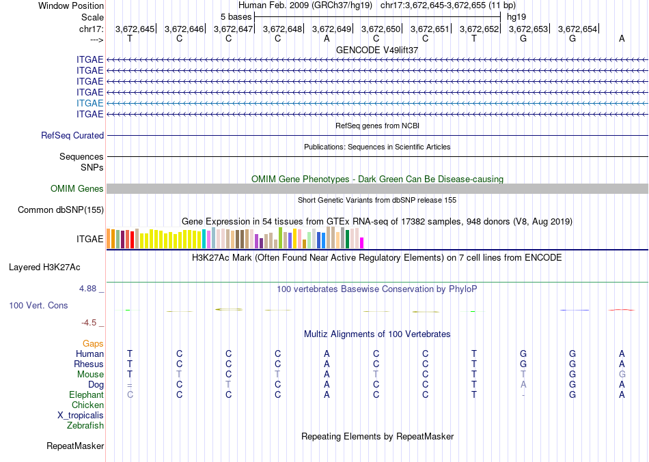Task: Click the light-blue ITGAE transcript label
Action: (89, 103)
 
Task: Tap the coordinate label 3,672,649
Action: (331, 29)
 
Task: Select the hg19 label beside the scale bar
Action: (516, 17)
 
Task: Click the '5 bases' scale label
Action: (236, 17)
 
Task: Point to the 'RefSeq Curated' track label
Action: (72, 135)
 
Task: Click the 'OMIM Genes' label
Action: (77, 188)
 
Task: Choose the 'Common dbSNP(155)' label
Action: (61, 210)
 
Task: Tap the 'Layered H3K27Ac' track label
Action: (44, 268)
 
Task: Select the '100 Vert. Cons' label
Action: (38, 305)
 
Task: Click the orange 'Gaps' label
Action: (93, 344)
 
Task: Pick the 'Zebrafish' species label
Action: (85, 425)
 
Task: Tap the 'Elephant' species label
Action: (87, 394)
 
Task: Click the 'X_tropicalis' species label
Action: (81, 416)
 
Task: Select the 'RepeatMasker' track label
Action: (75, 446)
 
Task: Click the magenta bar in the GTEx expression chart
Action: (362, 243)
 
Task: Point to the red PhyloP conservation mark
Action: (621, 309)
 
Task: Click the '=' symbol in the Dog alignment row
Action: (130, 385)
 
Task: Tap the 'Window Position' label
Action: (71, 5)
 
